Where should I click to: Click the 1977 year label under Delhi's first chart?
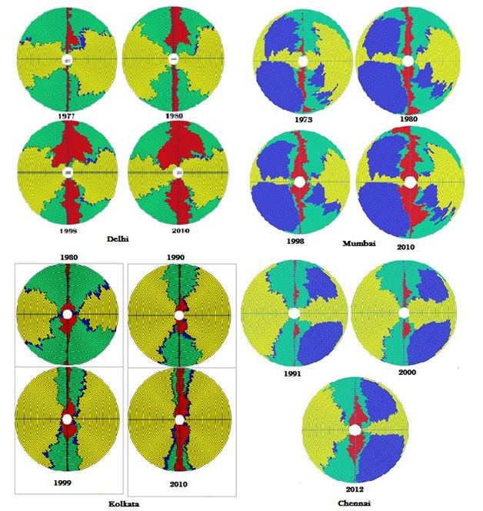68,115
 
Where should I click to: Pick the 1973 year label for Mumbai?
302,120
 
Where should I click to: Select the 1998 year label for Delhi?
68,230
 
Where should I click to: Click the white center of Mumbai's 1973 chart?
302,61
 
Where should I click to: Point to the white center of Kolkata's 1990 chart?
179,315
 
